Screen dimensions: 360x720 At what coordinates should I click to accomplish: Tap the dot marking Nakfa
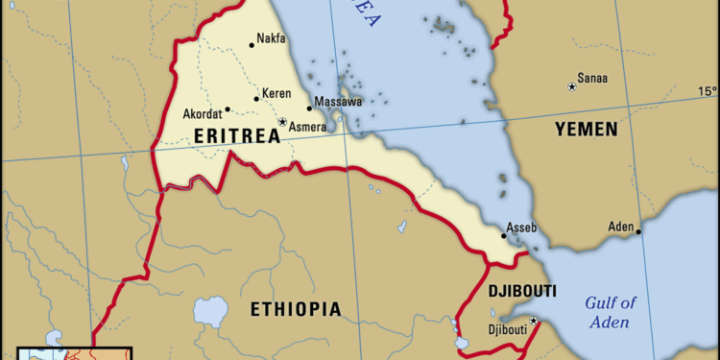tap(252, 44)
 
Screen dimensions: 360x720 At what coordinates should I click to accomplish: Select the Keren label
tap(276, 94)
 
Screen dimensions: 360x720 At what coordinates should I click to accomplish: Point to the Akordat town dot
tap(228, 109)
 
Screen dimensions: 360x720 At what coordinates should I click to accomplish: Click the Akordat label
tap(202, 114)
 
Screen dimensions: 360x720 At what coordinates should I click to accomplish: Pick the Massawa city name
tap(340, 101)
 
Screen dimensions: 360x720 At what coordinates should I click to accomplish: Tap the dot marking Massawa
tap(309, 108)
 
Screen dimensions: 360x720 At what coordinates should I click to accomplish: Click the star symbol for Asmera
tap(282, 122)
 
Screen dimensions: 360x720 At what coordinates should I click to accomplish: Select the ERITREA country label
tap(237, 136)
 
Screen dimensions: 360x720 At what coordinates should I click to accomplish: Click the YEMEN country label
tap(585, 129)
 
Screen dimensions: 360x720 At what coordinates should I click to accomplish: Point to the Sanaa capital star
tap(572, 87)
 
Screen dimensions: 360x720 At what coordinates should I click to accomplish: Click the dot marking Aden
tap(638, 231)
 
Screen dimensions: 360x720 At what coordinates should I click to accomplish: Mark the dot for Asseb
tap(504, 235)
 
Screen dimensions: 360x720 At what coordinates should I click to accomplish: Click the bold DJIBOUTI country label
tap(522, 290)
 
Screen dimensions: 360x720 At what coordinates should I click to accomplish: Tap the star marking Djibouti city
tap(534, 321)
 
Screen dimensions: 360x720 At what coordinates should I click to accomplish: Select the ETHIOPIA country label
tap(296, 309)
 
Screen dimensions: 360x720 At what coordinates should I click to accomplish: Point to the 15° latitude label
tap(707, 91)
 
